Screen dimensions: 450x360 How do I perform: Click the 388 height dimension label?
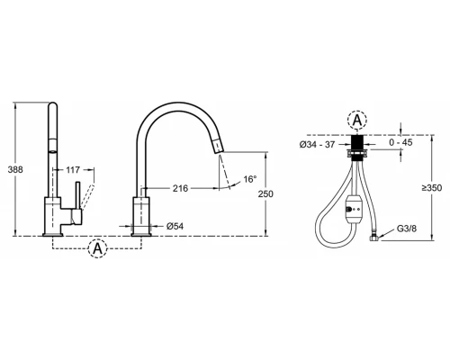coord(15,169)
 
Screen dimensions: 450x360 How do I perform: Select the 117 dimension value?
coord(73,170)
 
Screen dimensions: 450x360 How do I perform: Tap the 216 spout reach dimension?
coord(180,188)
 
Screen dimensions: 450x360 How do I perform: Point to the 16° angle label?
coord(250,179)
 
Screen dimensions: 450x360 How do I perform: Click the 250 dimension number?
coord(265,194)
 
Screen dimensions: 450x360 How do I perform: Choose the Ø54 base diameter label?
coord(175,226)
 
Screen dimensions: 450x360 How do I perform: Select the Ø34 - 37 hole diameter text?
coord(317,145)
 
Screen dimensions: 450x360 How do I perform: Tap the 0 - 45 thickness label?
coord(400,142)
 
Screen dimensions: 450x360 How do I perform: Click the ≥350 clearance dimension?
coord(432,188)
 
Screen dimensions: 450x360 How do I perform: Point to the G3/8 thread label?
coord(407,229)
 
